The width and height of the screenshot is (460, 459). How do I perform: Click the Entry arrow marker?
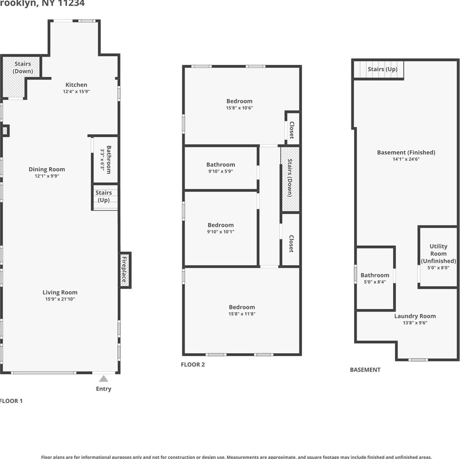click(x=104, y=378)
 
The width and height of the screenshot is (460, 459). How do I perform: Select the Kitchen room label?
click(x=76, y=85)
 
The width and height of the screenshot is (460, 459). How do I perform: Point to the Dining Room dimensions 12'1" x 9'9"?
click(x=47, y=176)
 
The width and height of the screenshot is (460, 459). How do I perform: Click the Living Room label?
click(x=60, y=292)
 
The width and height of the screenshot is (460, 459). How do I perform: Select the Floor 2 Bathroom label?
click(x=220, y=165)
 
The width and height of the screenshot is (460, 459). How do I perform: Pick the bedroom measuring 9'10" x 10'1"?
click(x=220, y=228)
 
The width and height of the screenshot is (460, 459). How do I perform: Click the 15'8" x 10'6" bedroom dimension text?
click(x=239, y=108)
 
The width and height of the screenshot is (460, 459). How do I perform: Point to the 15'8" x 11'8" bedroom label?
click(x=242, y=307)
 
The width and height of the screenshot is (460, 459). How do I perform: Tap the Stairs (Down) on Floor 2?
click(x=290, y=178)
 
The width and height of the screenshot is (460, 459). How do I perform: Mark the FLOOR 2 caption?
click(x=193, y=365)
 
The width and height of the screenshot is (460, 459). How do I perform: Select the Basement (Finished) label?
click(x=406, y=152)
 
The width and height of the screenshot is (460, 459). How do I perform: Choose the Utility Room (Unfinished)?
click(x=438, y=256)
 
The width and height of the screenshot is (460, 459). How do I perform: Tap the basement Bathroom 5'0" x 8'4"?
click(x=374, y=278)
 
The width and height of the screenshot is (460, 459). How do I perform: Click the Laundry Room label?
click(x=415, y=316)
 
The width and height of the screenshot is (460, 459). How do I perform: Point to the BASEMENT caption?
click(x=365, y=370)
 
